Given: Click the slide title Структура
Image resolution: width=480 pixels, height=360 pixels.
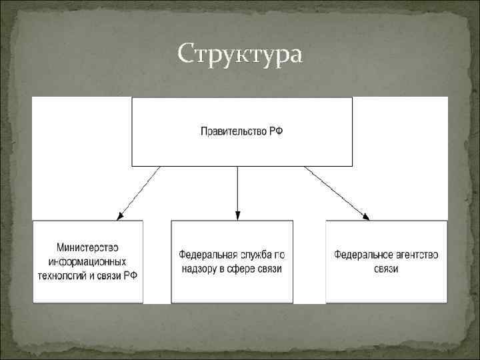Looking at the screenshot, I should [x=240, y=54].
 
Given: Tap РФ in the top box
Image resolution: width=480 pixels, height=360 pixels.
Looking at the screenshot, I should [x=276, y=132].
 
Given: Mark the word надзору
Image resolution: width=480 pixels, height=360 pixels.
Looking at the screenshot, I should [x=199, y=269].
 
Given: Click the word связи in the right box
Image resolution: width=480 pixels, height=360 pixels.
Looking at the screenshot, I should [x=386, y=269].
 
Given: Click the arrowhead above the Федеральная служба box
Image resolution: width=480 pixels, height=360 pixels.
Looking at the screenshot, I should [x=237, y=215].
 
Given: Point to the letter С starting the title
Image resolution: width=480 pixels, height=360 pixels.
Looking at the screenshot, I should [x=186, y=54].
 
